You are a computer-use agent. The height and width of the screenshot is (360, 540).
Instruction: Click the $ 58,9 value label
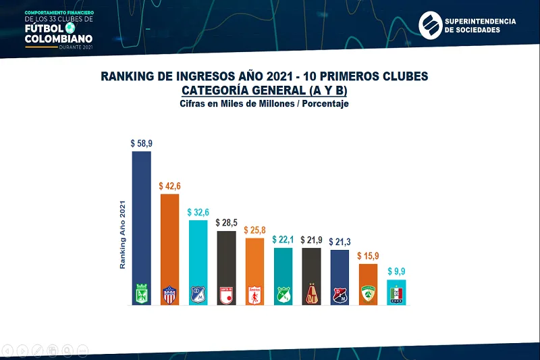(141, 144)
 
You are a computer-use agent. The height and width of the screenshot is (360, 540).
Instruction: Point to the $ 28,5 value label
(226, 223)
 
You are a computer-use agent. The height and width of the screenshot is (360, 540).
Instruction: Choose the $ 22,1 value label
(283, 239)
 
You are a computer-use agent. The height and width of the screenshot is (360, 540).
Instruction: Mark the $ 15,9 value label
(368, 256)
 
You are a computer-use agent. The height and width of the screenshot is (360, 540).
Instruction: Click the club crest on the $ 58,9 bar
(141, 294)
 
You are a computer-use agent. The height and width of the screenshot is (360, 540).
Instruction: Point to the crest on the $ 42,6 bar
(169, 294)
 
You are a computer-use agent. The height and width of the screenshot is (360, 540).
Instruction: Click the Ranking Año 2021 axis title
(123, 235)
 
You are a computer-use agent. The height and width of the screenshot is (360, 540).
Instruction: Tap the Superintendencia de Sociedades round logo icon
(429, 26)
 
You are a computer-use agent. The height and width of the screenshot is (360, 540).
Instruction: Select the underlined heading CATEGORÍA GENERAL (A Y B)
(264, 91)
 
